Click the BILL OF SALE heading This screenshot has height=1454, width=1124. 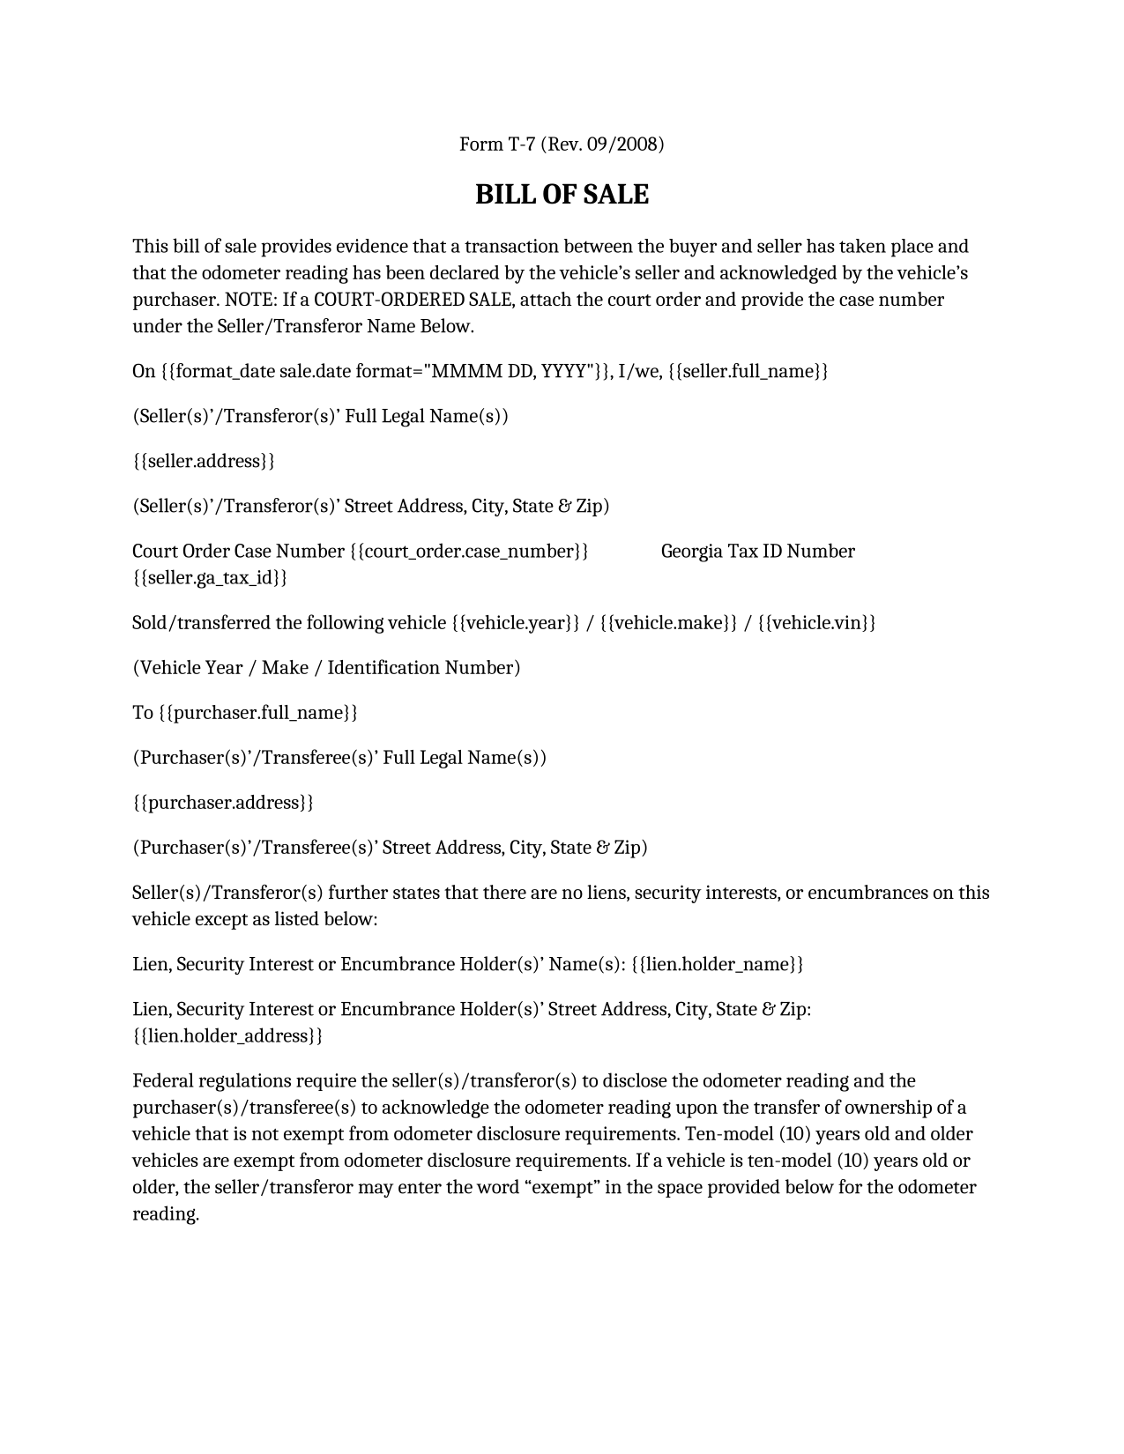point(562,195)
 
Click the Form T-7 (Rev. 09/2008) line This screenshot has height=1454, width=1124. point(562,144)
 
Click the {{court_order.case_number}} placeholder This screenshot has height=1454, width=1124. point(469,552)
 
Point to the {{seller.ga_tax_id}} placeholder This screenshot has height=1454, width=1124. point(210,578)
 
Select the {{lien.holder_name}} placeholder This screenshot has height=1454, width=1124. point(718,964)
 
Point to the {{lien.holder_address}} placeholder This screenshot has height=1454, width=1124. point(227,1035)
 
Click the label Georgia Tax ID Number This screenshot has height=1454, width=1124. point(757,552)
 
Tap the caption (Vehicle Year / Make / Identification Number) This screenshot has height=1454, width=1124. point(326,668)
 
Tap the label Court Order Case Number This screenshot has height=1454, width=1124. point(238,552)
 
